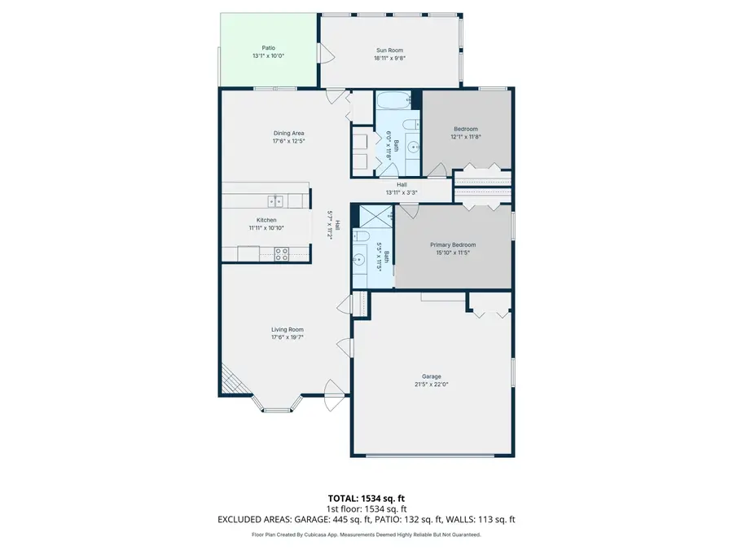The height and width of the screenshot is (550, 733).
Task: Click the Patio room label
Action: coord(268,48)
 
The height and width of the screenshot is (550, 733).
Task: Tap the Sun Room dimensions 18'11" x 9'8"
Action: coord(389,58)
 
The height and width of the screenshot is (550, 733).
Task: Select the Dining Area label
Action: coord(288,133)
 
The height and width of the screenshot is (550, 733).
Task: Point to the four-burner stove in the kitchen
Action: coord(282,253)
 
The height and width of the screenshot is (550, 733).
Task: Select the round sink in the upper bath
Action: coord(413,148)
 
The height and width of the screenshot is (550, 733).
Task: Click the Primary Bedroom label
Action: coord(453,244)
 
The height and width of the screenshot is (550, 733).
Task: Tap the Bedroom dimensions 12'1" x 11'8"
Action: coord(465,137)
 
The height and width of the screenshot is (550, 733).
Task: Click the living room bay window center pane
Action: coord(277,407)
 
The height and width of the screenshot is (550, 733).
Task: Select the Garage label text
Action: coord(431,376)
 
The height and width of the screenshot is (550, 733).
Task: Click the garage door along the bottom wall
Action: coord(432,455)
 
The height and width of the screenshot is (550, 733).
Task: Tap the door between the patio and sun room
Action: coord(325,55)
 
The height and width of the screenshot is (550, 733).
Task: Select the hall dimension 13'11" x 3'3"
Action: coord(402,193)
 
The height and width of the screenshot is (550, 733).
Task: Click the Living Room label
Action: coord(287,329)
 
